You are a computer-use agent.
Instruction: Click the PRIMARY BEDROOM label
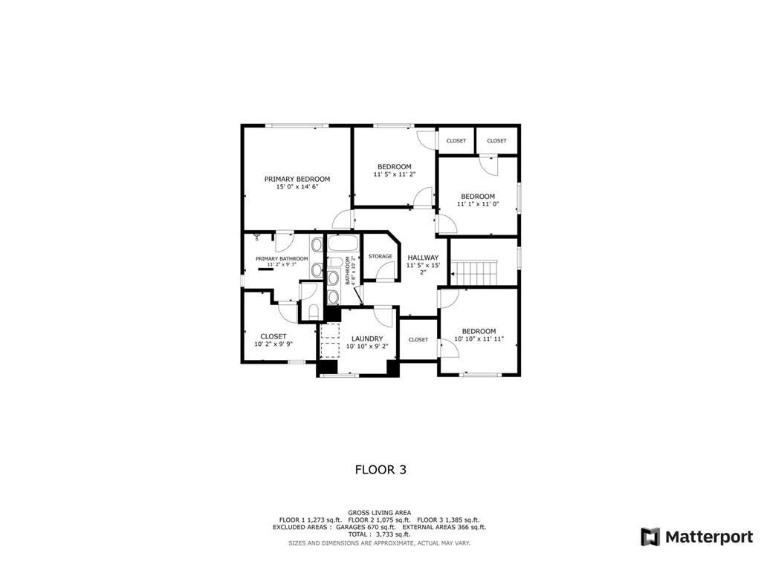point(297,179)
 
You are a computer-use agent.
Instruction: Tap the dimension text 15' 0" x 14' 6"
point(297,186)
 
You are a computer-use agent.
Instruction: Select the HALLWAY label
point(423,258)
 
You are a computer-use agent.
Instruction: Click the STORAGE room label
point(380,256)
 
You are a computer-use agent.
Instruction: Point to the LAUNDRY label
point(367,338)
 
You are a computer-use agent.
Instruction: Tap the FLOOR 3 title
point(380,470)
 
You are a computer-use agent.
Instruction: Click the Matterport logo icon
point(650,537)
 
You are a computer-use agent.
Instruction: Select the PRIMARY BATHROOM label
point(282,259)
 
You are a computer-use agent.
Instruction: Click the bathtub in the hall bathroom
point(343,243)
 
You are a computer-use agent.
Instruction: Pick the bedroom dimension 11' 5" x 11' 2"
point(395,174)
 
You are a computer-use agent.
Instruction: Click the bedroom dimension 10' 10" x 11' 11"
point(479,338)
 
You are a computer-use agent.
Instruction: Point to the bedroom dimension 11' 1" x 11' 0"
point(478,204)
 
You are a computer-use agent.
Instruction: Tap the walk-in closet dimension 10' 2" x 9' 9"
point(273,344)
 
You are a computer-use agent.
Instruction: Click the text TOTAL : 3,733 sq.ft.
point(379,534)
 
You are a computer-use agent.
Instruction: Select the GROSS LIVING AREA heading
point(380,513)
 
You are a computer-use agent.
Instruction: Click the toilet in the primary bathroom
point(313,312)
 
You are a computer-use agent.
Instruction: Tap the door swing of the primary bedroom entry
point(342,219)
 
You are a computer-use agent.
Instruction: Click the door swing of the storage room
point(386,272)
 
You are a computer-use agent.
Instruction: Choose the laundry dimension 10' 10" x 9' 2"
point(367,347)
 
